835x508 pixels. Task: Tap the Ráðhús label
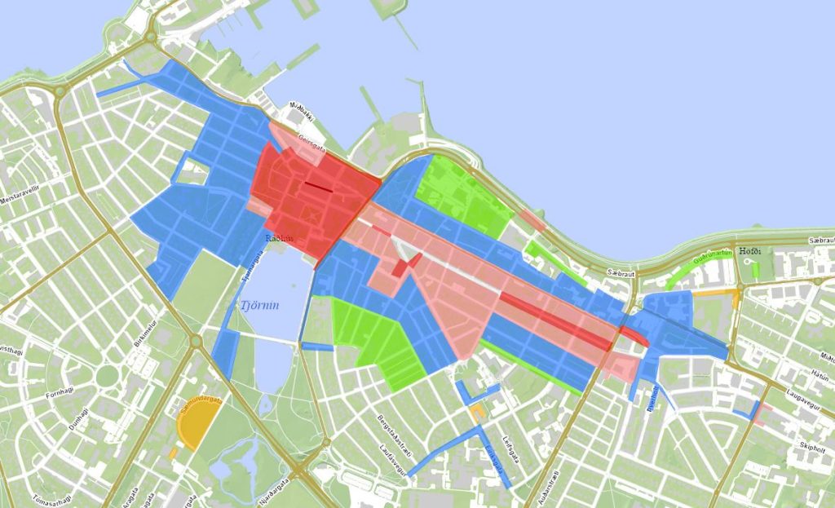coord(280,237)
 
